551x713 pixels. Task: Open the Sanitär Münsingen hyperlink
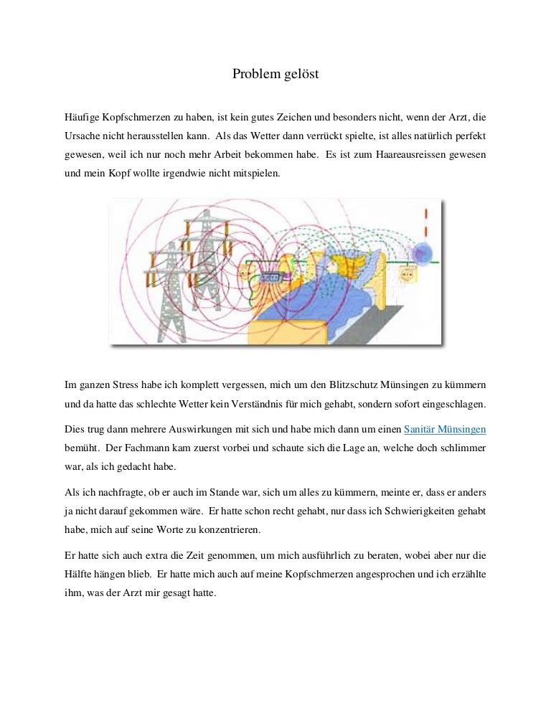pos(445,430)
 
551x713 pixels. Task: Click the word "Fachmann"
pos(138,448)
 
